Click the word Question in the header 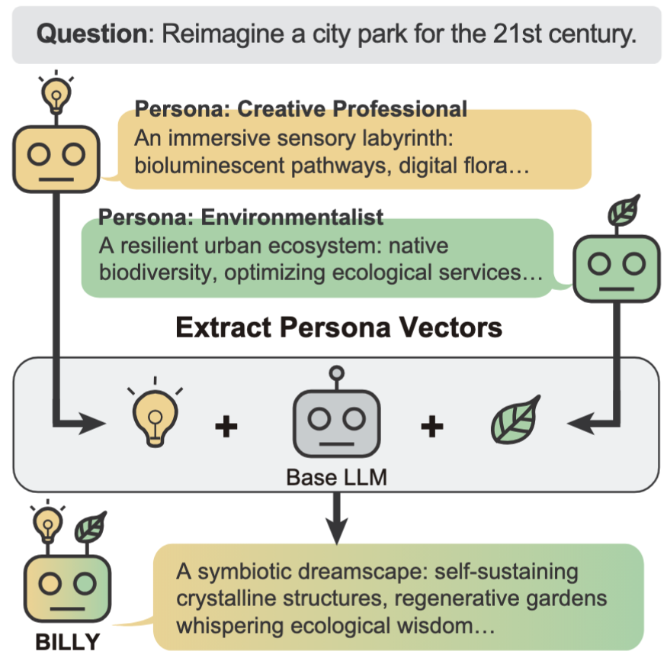pos(86,34)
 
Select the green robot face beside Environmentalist pos(615,263)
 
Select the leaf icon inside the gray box pos(515,420)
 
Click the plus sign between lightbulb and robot pos(225,426)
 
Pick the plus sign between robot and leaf pos(432,425)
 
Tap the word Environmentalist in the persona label pos(293,218)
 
